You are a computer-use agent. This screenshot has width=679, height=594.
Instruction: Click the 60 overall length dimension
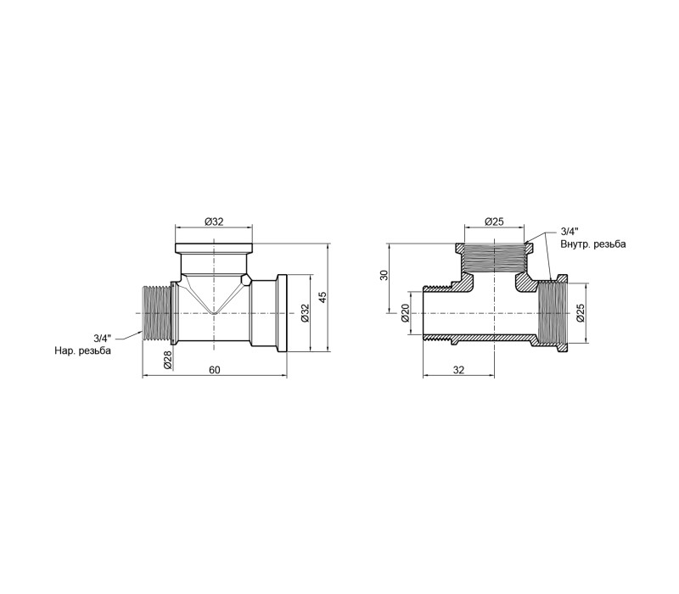215,370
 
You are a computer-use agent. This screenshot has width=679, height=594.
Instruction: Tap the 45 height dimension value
323,297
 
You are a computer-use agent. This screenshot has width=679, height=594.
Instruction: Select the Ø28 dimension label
168,360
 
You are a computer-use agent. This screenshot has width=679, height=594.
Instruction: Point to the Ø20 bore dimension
405,312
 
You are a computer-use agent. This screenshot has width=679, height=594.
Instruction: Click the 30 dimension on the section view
384,275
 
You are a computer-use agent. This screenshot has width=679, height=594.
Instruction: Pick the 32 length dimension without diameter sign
458,370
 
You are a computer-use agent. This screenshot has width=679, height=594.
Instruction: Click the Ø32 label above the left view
214,221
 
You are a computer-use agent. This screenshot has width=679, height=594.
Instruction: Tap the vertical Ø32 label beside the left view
305,312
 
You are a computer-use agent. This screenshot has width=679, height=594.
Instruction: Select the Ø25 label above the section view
494,221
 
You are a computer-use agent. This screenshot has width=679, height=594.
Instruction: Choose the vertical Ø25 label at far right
581,312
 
